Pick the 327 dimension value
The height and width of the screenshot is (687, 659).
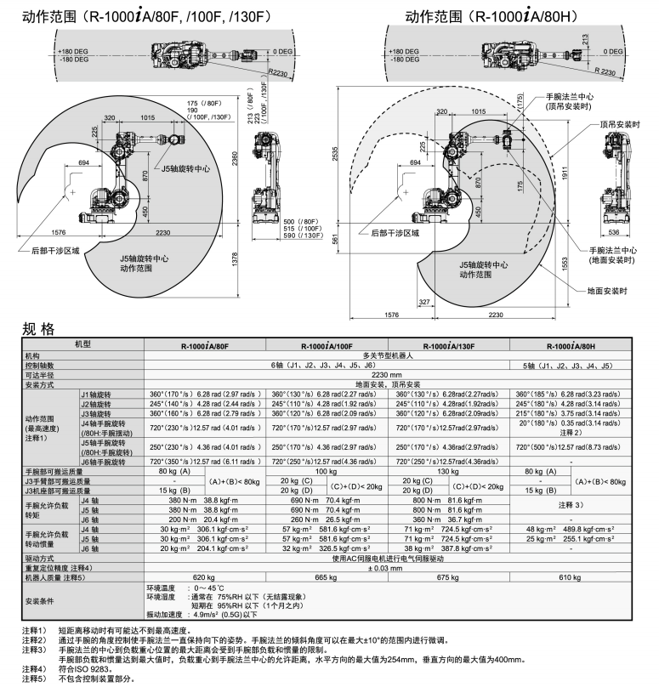[x=425, y=302]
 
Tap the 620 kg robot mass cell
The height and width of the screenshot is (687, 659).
[x=205, y=576]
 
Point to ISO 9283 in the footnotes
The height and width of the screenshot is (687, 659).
[x=79, y=669]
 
